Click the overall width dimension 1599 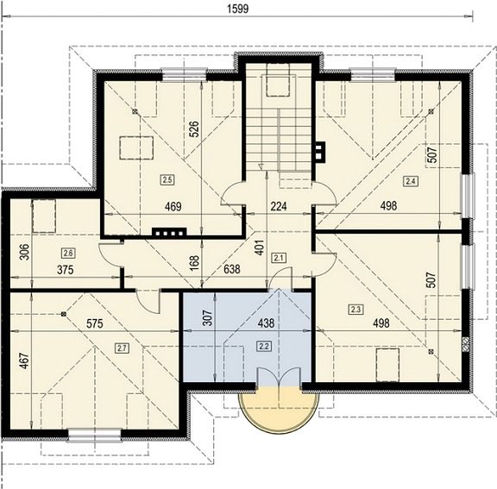238,9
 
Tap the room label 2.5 167,180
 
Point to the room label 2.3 355,309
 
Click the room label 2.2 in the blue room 264,346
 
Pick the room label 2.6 68,253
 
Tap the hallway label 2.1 279,258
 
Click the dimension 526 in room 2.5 195,129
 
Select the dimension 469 173,206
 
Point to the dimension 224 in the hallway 279,206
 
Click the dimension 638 232,269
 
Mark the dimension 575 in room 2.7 95,323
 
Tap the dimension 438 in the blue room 266,323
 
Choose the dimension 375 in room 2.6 66,270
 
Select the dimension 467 24,361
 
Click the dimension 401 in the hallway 259,248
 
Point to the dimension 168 195,262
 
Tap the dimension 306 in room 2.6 24,252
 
